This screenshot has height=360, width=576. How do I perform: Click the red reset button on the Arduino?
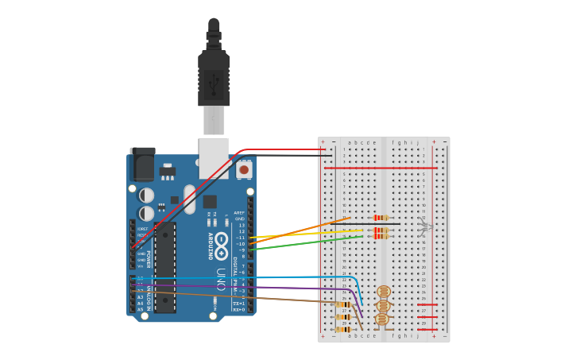coord(244,169)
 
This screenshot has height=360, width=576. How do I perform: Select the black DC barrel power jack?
coord(143,165)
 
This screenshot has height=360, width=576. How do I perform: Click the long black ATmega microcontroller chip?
coord(164,267)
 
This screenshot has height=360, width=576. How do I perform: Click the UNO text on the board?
coord(221,279)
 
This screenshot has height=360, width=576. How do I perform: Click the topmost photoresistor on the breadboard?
coord(384,292)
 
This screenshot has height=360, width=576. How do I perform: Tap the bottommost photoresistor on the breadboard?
coord(382,319)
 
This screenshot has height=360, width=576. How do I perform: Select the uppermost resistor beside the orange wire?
coord(381,217)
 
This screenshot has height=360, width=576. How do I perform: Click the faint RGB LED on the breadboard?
coord(423,228)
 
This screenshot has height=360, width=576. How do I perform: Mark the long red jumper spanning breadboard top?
coord(381,168)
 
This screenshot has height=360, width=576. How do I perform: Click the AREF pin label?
coord(239,213)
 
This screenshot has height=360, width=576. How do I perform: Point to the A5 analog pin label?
coord(140,309)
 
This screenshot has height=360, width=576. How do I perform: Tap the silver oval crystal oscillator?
coord(189,199)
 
